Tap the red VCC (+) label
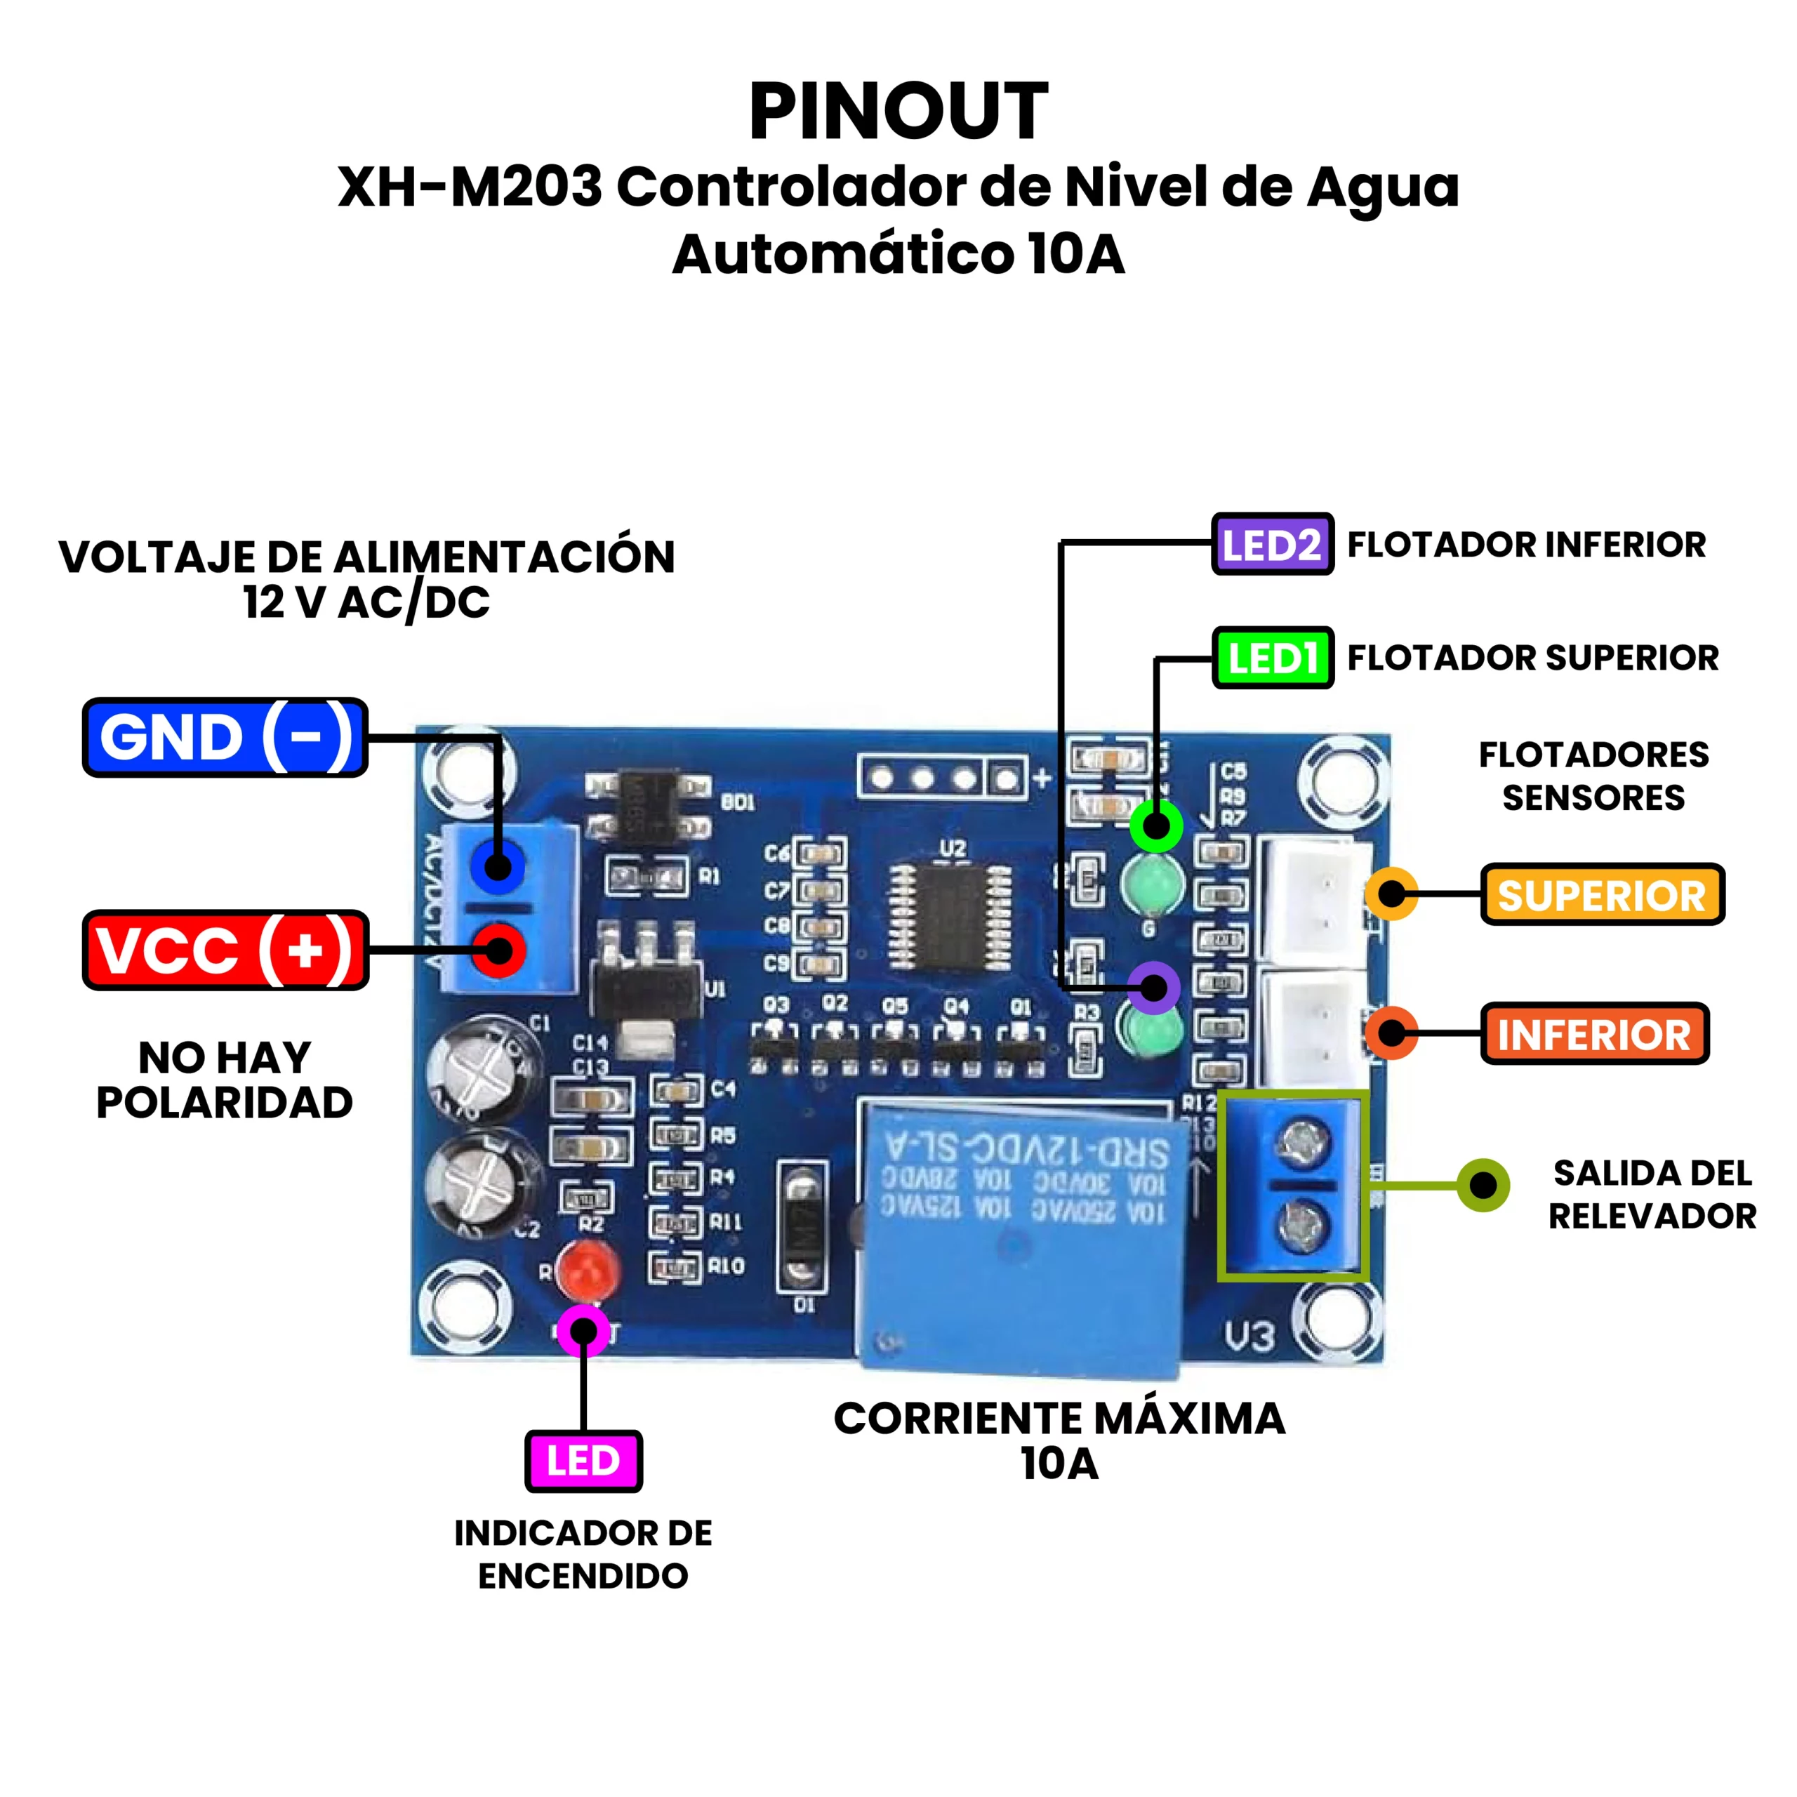(x=225, y=950)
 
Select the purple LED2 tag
(x=1271, y=544)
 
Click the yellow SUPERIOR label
(x=1602, y=895)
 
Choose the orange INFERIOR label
(x=1594, y=1033)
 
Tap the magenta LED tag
(x=583, y=1461)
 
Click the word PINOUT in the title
(x=898, y=112)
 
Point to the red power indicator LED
(x=588, y=1271)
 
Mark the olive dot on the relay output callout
(x=1483, y=1185)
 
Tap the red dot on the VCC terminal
(x=498, y=950)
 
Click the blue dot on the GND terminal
(x=498, y=867)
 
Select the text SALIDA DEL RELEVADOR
(x=1652, y=1194)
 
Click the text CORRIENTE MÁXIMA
(x=1059, y=1419)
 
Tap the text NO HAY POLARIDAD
(x=225, y=1080)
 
